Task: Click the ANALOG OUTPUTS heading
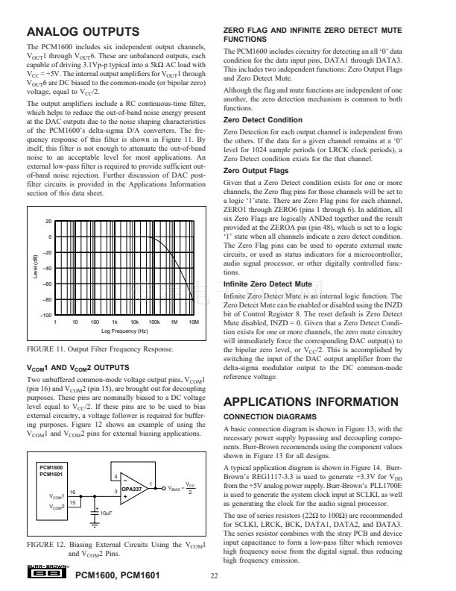click(x=82, y=32)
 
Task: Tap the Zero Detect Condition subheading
click(x=263, y=119)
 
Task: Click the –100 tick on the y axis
click(x=47, y=316)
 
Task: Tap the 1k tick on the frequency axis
click(x=114, y=322)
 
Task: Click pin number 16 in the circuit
click(x=72, y=492)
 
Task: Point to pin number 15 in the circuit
click(x=72, y=504)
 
